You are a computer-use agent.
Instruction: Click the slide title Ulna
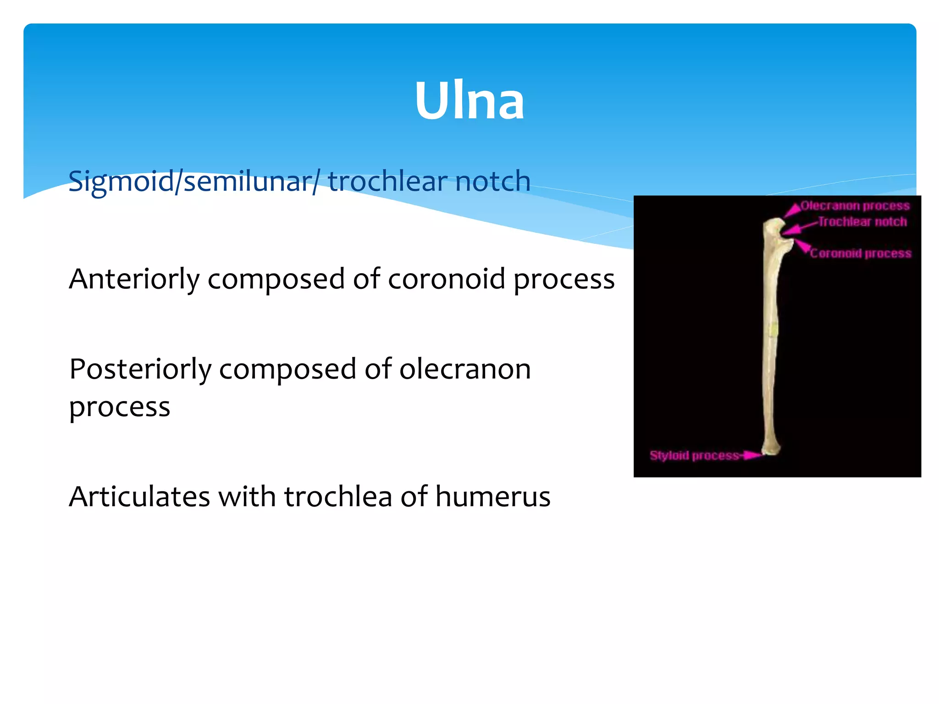(469, 101)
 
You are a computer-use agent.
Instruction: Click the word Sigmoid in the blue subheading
(121, 181)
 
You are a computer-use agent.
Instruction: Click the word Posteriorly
(140, 369)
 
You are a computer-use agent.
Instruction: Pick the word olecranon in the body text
(465, 369)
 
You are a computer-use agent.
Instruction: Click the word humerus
(492, 496)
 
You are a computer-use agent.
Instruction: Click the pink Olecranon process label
(855, 206)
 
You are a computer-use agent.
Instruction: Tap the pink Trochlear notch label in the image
(862, 222)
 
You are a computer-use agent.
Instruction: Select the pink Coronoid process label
(860, 253)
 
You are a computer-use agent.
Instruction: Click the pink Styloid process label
(694, 456)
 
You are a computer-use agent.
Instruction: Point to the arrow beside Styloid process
(751, 455)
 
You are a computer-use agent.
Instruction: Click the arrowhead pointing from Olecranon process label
(792, 211)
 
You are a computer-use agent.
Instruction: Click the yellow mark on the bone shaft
(773, 330)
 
